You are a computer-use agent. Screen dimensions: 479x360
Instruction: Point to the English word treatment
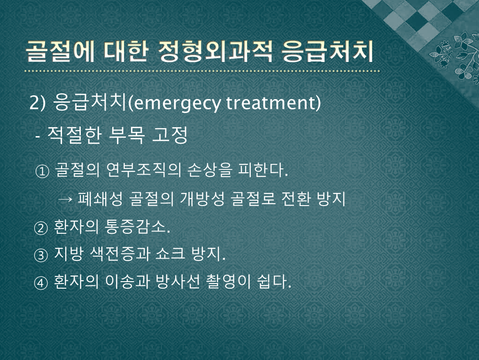point(270,103)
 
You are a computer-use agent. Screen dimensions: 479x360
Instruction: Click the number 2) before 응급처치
point(37,103)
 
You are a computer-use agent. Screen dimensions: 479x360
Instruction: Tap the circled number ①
point(42,171)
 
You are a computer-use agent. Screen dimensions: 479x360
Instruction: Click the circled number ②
point(41,228)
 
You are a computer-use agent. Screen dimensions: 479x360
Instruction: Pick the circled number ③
point(41,255)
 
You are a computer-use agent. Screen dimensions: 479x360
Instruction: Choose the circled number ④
point(41,283)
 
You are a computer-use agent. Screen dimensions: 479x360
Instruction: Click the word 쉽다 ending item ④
point(274,281)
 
